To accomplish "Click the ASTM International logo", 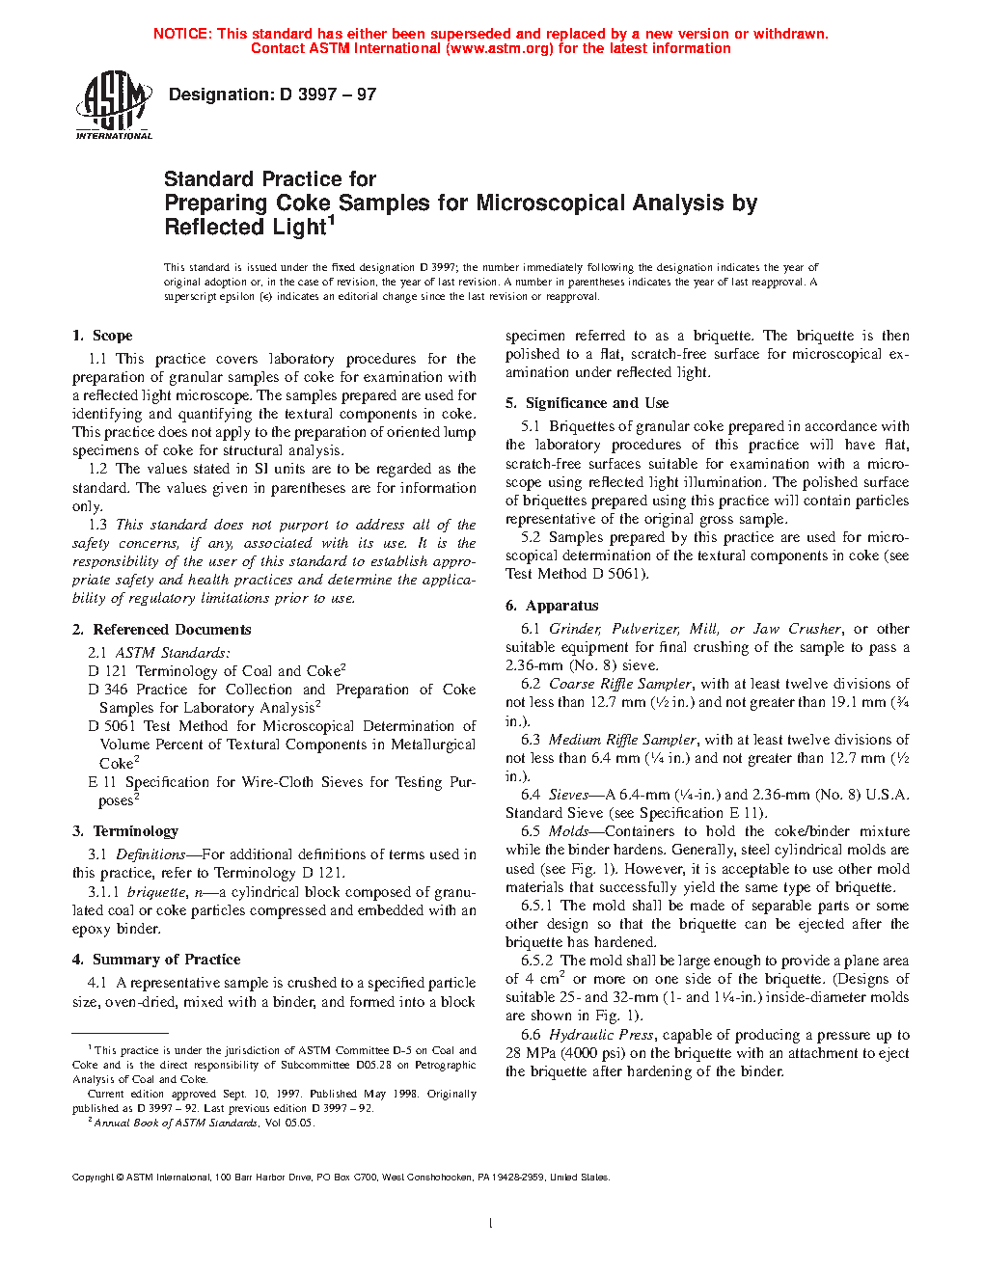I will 113,105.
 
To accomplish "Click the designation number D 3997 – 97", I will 328,95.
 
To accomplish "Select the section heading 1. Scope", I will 102,336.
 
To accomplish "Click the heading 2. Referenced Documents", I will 161,630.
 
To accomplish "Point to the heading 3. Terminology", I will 125,831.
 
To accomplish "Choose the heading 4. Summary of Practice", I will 156,960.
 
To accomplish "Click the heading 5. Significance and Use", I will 587,403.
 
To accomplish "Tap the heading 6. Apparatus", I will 552,606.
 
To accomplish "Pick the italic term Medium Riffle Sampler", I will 622,740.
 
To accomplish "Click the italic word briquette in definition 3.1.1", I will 156,892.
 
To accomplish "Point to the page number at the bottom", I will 491,1224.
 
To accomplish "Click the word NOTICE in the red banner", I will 181,34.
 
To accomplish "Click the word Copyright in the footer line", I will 94,1178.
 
